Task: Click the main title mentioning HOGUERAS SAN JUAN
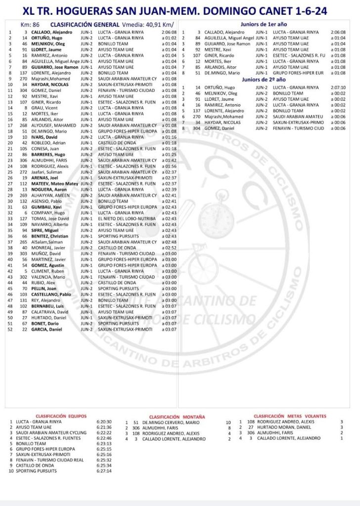click(180, 11)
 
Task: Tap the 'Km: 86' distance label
click(30, 24)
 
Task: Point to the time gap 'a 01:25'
click(169, 155)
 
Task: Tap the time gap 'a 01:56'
click(169, 166)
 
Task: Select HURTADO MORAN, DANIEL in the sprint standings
click(280, 427)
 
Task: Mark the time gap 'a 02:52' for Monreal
click(169, 248)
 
